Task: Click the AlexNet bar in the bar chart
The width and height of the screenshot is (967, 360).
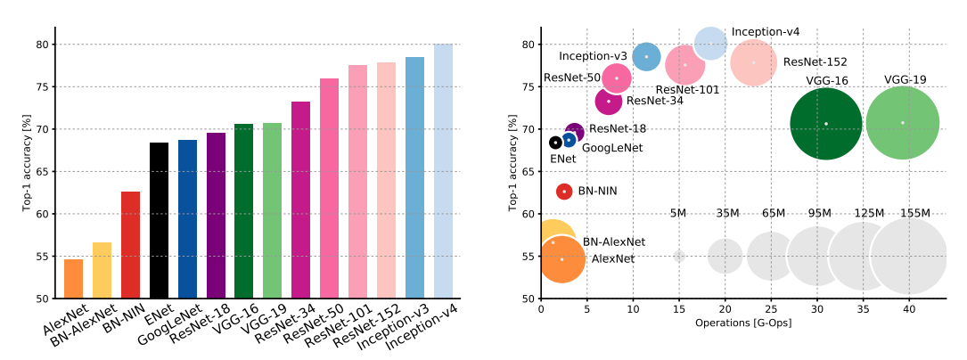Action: (x=73, y=279)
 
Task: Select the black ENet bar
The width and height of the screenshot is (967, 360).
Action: (x=159, y=220)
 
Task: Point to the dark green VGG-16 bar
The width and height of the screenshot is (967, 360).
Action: (x=243, y=211)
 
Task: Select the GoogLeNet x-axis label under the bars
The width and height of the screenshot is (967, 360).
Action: (x=175, y=326)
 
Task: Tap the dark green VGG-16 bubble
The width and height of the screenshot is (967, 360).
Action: (x=825, y=124)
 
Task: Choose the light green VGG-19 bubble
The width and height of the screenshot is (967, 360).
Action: (x=902, y=123)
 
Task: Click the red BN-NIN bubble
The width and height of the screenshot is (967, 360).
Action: (x=564, y=192)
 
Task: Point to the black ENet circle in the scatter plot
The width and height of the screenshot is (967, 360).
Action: (x=555, y=143)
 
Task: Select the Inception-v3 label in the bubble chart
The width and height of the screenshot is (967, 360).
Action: (x=592, y=56)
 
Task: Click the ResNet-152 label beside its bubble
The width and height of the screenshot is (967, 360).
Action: (x=815, y=62)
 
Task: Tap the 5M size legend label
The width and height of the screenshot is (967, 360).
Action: (x=678, y=213)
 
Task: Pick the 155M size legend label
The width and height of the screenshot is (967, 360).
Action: (x=914, y=213)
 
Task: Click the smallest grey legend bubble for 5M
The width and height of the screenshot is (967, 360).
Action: (x=679, y=256)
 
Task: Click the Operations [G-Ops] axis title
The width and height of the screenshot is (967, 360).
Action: (x=743, y=323)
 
